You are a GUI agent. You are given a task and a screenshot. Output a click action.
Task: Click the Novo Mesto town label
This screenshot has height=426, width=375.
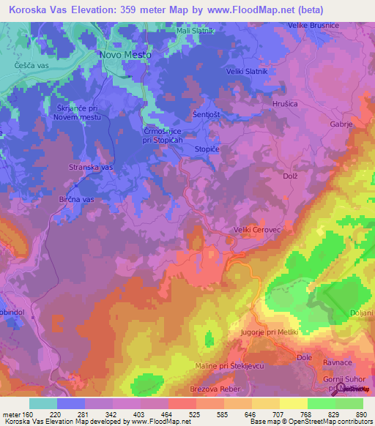click(x=125, y=55)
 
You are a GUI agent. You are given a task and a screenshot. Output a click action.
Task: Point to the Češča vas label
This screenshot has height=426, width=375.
click(x=31, y=65)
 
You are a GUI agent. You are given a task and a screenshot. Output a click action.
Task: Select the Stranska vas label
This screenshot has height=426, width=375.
click(x=91, y=168)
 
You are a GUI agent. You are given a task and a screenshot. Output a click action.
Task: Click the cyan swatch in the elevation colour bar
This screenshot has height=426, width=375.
click(x=43, y=403)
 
